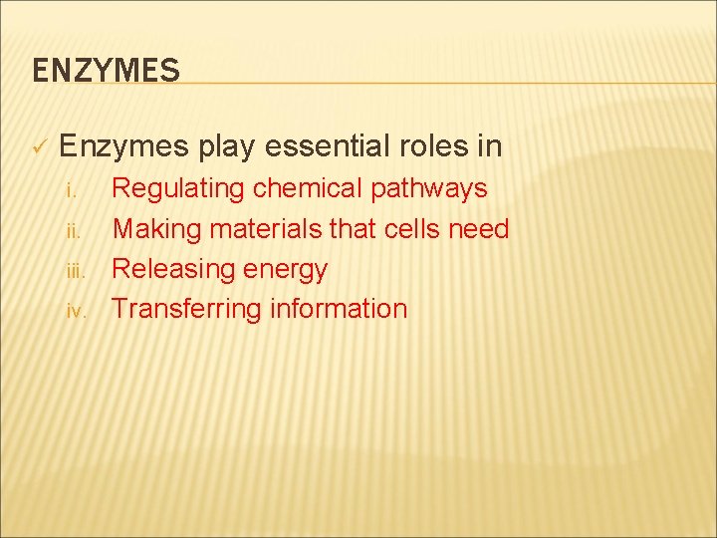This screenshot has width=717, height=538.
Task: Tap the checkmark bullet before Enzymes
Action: [x=39, y=148]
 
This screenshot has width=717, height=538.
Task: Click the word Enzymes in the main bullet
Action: [x=124, y=147]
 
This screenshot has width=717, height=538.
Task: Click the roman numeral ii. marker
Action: [x=69, y=230]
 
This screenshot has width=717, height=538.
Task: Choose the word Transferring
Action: [x=186, y=309]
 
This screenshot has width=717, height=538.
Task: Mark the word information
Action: [x=339, y=309]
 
